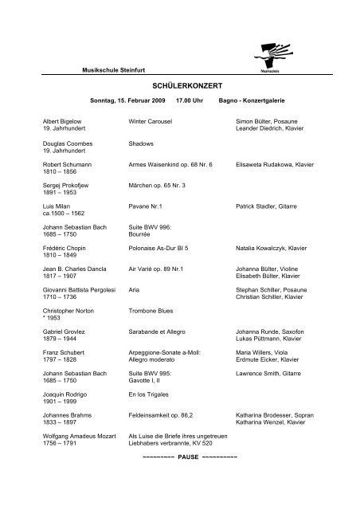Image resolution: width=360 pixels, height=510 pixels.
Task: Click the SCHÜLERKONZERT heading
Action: coord(179,83)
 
